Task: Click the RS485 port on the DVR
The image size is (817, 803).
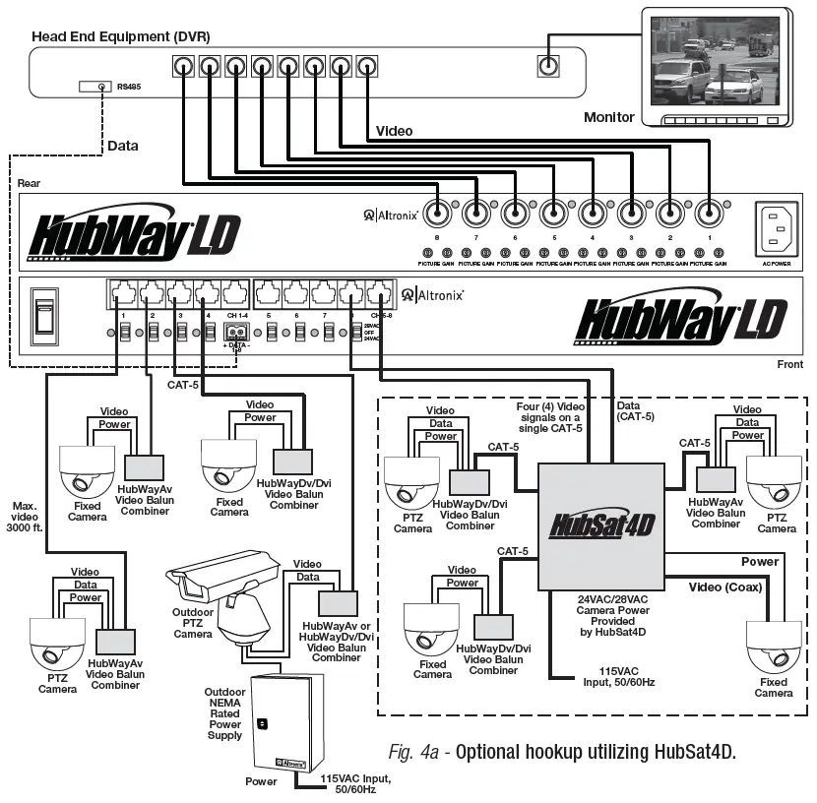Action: pyautogui.click(x=102, y=87)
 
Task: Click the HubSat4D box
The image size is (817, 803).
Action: pyautogui.click(x=600, y=523)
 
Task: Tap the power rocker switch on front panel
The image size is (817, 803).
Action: pyautogui.click(x=42, y=316)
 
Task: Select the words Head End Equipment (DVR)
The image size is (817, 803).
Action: pyautogui.click(x=121, y=36)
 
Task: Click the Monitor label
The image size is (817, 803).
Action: pyautogui.click(x=609, y=117)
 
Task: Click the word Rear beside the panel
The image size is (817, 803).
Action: pyautogui.click(x=29, y=184)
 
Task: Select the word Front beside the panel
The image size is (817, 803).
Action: pyautogui.click(x=791, y=364)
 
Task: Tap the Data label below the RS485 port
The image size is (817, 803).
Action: pyautogui.click(x=123, y=146)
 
